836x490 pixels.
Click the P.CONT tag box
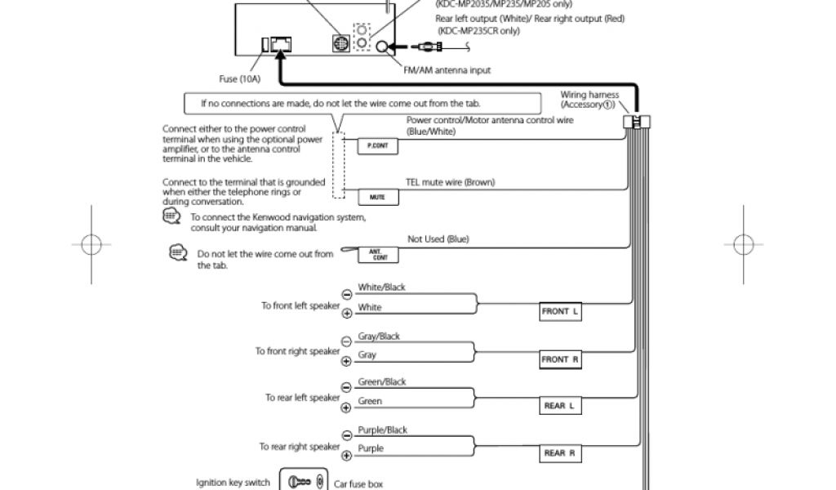377,146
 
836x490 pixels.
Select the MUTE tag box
377,198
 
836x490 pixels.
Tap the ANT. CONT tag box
377,255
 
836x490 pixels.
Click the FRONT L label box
560,311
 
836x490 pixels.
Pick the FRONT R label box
560,359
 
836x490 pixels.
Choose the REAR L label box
560,405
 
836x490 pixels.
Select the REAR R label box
560,452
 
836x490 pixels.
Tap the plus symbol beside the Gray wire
346,360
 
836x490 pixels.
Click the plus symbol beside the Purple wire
346,454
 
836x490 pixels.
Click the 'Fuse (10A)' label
240,79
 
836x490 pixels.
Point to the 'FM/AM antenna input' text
447,70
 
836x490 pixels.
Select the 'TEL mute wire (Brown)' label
450,182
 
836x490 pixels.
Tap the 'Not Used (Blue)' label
438,239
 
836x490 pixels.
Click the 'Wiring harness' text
589,95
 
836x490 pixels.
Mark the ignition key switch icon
303,481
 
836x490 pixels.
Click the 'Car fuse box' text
358,483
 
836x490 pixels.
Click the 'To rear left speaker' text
302,398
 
